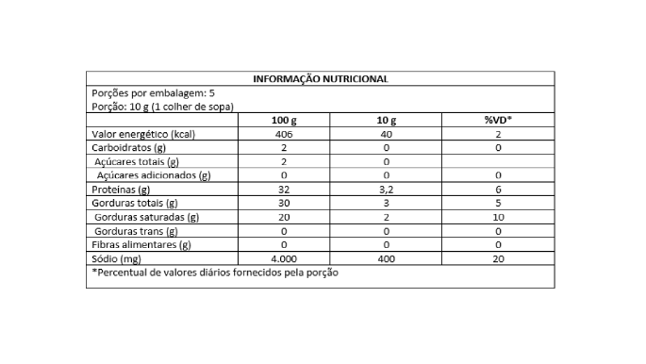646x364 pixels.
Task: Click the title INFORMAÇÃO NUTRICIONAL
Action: [321, 79]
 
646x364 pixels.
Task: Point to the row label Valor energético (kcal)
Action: [141, 135]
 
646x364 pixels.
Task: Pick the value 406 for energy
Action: [283, 135]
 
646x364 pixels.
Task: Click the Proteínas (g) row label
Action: [122, 190]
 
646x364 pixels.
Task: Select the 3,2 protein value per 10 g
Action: [387, 190]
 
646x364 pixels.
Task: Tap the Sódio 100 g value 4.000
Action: [283, 257]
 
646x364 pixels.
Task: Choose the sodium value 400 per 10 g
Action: [387, 257]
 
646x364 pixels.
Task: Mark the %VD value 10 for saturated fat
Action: [497, 217]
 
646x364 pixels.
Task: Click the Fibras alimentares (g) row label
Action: [141, 244]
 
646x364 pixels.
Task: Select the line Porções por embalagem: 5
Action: [153, 93]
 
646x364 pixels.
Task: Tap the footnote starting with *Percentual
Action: [215, 273]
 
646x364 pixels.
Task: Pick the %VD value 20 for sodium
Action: [497, 257]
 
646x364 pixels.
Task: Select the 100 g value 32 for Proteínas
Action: [283, 190]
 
